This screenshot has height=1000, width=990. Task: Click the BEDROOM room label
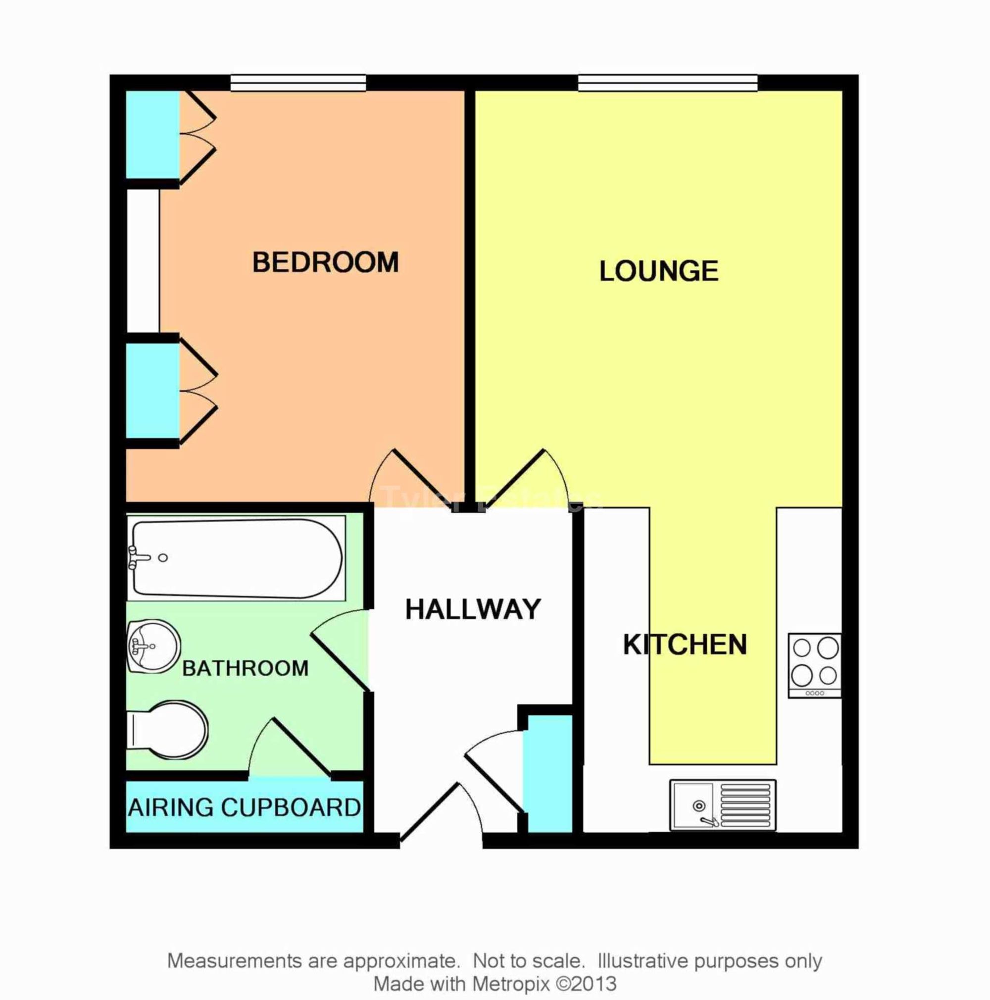[325, 262]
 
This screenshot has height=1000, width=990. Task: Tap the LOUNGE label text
[658, 271]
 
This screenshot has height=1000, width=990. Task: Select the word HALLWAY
[473, 609]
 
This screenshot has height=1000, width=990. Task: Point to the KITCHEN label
[685, 645]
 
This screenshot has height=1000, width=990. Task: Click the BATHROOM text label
[246, 668]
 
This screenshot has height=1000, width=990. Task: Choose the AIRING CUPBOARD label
[244, 807]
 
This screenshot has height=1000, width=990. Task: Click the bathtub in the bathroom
[237, 558]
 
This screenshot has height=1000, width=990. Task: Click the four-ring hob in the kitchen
[815, 665]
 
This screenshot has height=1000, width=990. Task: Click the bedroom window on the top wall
[298, 83]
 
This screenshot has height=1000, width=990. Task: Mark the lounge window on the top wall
[668, 83]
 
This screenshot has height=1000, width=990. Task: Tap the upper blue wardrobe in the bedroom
[152, 135]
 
